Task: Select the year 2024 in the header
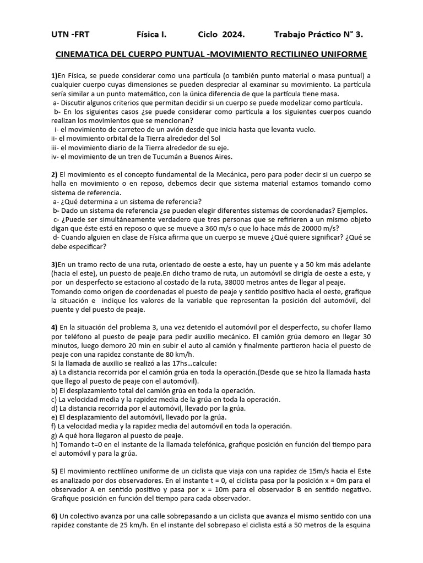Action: point(234,35)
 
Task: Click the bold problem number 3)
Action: point(54,264)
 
